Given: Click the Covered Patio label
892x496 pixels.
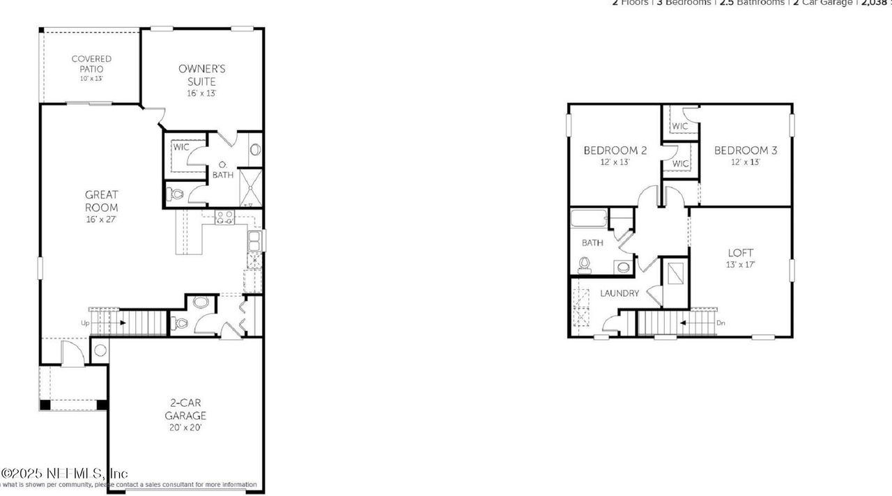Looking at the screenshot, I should point(91,64).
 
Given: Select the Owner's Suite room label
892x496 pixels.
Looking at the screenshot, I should point(202,75).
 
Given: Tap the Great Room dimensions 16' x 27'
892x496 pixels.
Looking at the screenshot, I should point(102,219).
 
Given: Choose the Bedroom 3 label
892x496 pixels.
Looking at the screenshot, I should point(745,150).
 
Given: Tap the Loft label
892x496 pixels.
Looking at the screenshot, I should point(741,253).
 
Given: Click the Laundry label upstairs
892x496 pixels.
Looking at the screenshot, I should point(620,293).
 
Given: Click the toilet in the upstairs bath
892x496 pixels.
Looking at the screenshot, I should point(584,263).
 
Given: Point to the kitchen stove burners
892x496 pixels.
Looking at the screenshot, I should point(224,217).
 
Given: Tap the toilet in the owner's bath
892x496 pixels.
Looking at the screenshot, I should point(174,194).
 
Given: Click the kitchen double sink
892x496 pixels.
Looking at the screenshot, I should point(254,241).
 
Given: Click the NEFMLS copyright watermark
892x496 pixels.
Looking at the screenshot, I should point(64,474).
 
